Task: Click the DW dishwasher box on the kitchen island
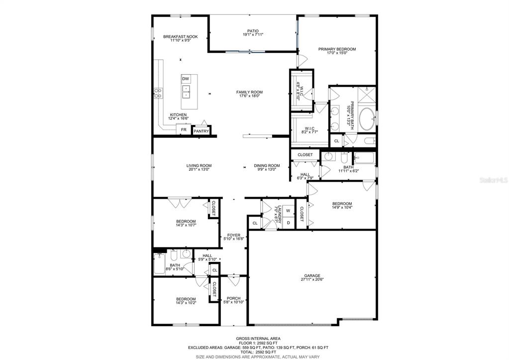186,79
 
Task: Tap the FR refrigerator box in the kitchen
184,129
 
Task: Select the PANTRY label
202,131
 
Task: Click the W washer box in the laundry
288,211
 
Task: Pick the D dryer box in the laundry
288,223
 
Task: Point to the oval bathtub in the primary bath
367,119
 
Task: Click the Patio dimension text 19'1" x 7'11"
253,34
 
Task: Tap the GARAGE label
312,275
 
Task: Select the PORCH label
233,298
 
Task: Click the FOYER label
234,235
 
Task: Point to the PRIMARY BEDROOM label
337,49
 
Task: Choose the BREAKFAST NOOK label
180,37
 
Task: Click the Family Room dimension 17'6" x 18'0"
249,96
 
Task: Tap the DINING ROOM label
267,165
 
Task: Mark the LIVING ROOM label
199,165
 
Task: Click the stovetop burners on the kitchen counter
158,94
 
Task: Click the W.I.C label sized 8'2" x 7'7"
309,128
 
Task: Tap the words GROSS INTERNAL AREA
258,339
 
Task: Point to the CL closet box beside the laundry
255,223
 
